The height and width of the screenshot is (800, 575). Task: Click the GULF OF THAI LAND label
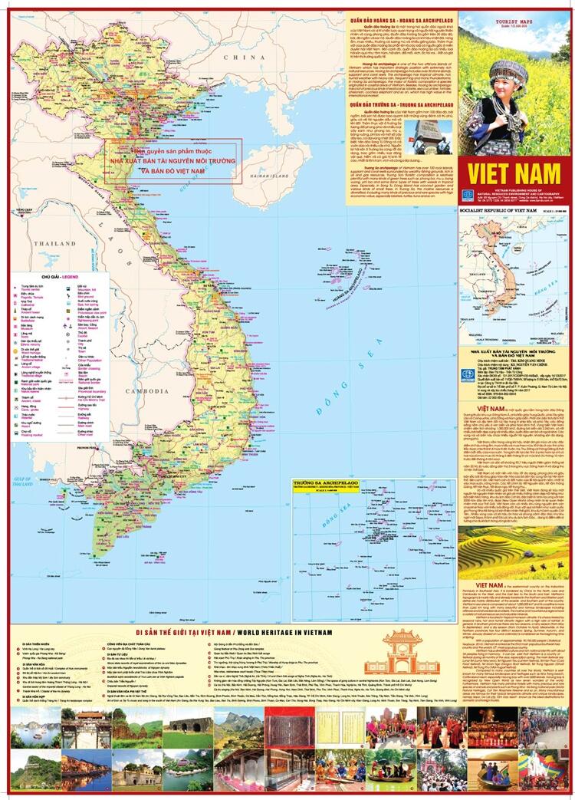tap(25, 462)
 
